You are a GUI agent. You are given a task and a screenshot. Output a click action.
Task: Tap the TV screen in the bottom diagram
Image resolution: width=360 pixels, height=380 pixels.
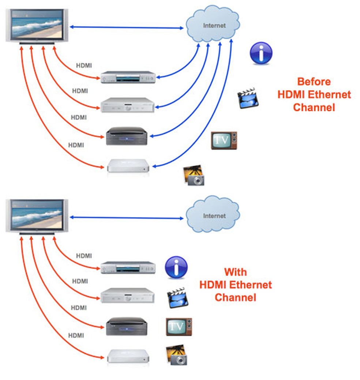point(36,215)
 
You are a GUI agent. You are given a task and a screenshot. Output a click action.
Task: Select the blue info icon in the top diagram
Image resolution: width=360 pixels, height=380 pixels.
point(261,53)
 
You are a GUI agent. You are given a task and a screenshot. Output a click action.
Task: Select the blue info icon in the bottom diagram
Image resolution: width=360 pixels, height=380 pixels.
point(176,267)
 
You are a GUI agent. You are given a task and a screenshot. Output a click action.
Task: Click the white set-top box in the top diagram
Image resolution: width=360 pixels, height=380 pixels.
point(128,166)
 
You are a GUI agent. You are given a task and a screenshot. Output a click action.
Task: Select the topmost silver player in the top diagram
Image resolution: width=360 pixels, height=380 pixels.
point(128,77)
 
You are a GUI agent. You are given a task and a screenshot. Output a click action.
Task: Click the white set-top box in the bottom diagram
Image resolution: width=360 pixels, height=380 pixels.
point(128,356)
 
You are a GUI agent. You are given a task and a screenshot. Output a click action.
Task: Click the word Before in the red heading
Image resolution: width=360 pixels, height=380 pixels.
point(314,81)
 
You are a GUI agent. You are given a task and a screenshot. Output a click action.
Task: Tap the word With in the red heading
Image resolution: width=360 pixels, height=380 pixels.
point(235,272)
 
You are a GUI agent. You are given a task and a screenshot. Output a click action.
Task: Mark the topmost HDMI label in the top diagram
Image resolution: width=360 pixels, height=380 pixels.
point(84,66)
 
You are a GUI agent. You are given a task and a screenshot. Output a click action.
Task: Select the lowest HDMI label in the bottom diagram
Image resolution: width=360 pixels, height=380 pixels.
point(76,335)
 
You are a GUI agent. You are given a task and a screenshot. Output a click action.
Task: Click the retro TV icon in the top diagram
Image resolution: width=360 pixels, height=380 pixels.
point(224,140)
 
